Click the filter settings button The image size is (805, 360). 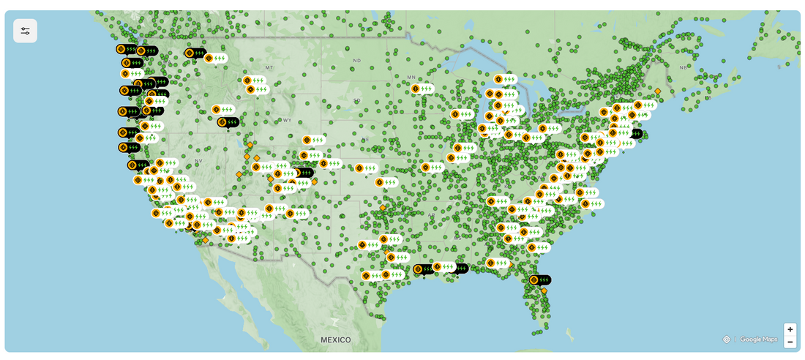point(26,31)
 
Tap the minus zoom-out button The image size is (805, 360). point(790,342)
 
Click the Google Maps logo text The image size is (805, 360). point(758,340)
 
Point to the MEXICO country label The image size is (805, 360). point(335,340)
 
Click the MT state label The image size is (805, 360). point(269,67)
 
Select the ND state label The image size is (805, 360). point(357,60)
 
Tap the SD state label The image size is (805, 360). point(357,100)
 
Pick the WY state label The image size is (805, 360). point(287,120)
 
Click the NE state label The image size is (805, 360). point(365,139)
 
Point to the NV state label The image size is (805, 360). point(198,160)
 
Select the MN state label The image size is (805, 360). point(411,77)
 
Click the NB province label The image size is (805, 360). point(684,67)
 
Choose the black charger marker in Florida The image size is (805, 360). point(539,280)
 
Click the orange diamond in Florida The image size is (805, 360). point(544,291)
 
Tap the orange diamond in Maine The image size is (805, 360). point(658,91)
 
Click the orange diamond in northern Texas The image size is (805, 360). point(382,208)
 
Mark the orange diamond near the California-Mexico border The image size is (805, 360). point(205,240)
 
